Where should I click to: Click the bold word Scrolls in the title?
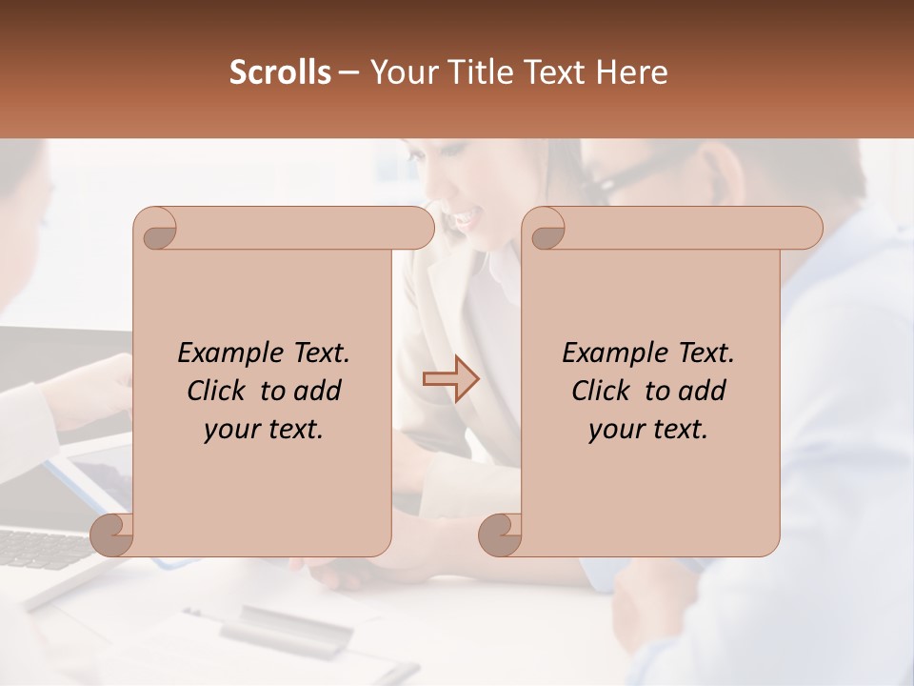281,72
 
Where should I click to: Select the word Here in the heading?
633,72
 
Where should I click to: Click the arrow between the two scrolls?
450,379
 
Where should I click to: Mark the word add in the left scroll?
317,391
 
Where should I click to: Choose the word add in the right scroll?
702,391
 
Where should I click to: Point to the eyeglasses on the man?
624,176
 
